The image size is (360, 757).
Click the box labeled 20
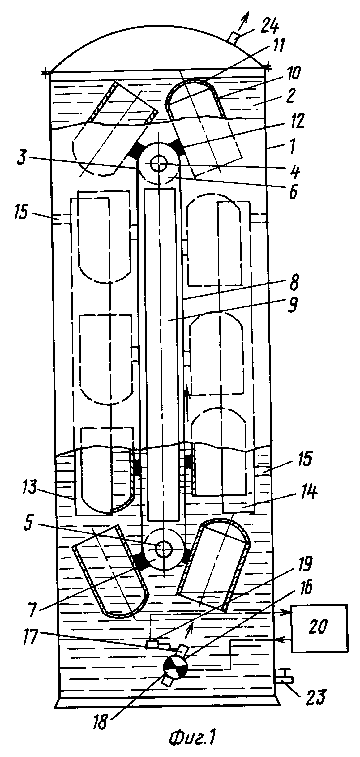pyautogui.click(x=319, y=629)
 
